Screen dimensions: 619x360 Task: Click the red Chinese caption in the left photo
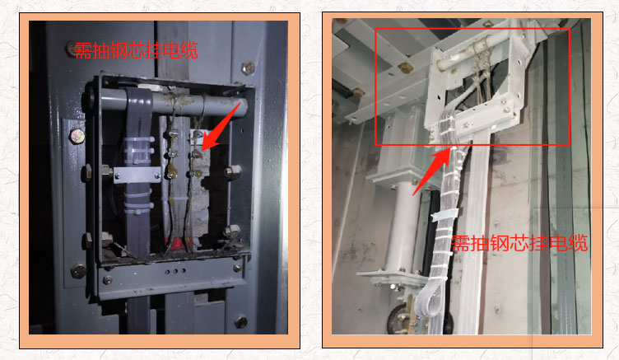pos(136,51)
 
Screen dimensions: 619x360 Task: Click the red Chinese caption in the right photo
pos(519,243)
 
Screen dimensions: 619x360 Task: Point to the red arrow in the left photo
pos(221,126)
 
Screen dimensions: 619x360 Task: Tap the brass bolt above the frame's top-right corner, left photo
pos(248,68)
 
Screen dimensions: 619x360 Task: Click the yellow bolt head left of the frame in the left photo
pos(77,136)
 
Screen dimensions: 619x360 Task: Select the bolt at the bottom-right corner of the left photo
pos(241,322)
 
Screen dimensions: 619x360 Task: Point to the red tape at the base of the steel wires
pos(178,242)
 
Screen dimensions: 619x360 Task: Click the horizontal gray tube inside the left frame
pos(170,104)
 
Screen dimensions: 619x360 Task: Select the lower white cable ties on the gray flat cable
pos(138,202)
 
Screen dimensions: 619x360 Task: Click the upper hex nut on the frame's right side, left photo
pos(232,171)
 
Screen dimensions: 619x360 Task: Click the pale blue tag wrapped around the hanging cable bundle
pos(444,215)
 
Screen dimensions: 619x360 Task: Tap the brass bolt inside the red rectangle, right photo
pos(405,68)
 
